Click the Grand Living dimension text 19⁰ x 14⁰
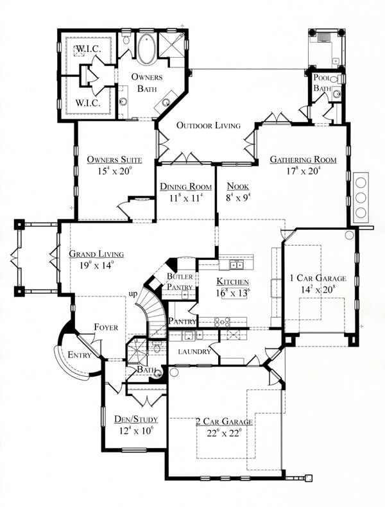[96, 264]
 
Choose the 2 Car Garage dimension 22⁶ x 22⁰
[224, 433]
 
